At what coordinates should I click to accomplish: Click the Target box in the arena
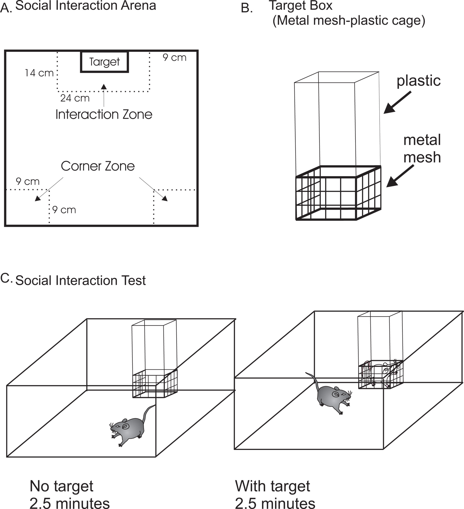click(105, 62)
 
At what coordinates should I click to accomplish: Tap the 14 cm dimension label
click(39, 73)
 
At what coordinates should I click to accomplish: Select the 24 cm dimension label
click(75, 98)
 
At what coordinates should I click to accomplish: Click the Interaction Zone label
click(104, 115)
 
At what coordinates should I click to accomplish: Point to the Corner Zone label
click(98, 166)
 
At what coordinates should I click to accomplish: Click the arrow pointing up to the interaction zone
click(104, 95)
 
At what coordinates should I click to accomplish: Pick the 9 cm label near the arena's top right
click(175, 58)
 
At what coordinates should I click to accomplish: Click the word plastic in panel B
click(418, 81)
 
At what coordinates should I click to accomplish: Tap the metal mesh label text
click(422, 149)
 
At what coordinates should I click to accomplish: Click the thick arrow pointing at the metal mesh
click(400, 176)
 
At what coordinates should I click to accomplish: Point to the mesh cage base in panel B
click(338, 193)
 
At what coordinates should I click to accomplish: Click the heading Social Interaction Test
click(81, 281)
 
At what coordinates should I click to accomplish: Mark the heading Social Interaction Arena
click(86, 6)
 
